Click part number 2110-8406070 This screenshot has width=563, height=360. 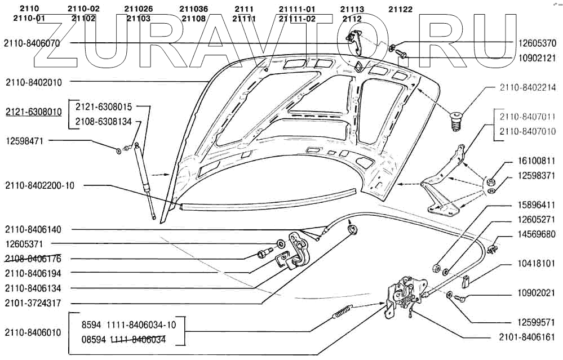click(x=32, y=43)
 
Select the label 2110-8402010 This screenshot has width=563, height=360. click(x=34, y=82)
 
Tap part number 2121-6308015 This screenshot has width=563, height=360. click(x=104, y=106)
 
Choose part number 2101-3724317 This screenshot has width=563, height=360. click(x=33, y=303)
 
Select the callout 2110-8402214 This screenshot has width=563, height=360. click(x=527, y=88)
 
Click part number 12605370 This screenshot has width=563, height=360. click(x=537, y=43)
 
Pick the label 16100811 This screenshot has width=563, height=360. click(x=537, y=161)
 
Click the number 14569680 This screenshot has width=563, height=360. click(x=537, y=234)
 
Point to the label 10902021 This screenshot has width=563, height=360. click(x=537, y=294)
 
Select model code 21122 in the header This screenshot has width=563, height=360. click(x=400, y=10)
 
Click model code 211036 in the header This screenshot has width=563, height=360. click(x=194, y=10)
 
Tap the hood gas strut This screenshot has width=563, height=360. click(x=144, y=180)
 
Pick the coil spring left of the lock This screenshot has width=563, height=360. click(x=344, y=311)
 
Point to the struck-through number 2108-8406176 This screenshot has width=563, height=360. click(x=33, y=259)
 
